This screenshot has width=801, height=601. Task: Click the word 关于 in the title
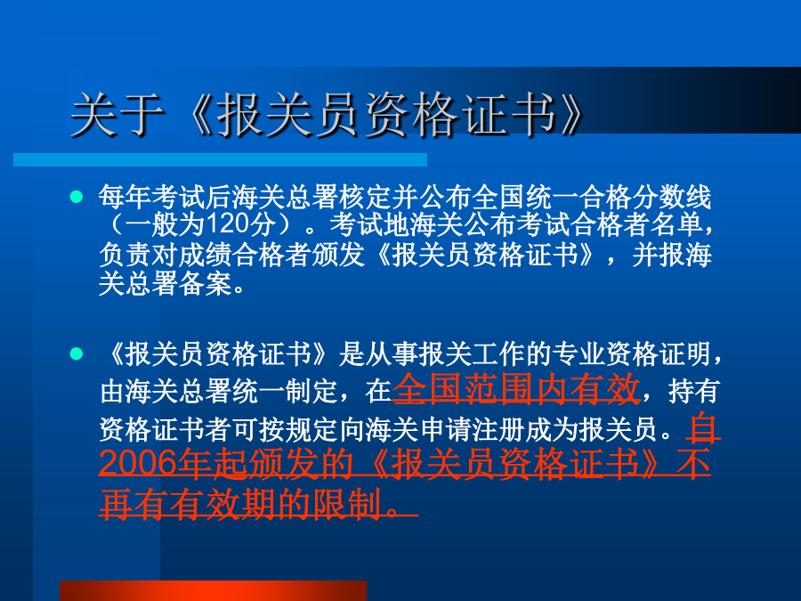click(x=117, y=116)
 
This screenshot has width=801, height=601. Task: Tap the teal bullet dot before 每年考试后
click(x=77, y=197)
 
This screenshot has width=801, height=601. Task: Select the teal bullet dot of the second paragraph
click(x=77, y=353)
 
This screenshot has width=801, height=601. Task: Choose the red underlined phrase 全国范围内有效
click(x=516, y=389)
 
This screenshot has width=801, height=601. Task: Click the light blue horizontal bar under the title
click(x=220, y=160)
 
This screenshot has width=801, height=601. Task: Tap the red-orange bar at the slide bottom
click(x=213, y=591)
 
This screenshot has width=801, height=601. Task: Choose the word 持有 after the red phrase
click(x=693, y=391)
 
